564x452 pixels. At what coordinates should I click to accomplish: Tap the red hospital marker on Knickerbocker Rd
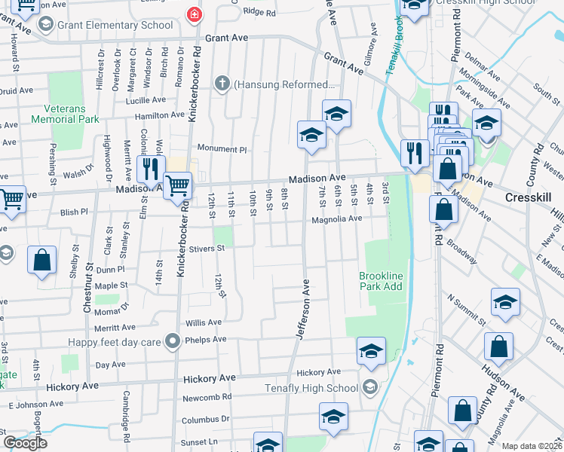pyautogui.click(x=195, y=14)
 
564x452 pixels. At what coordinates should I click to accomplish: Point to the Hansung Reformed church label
pyautogui.click(x=284, y=84)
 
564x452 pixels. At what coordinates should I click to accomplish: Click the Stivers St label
pyautogui.click(x=207, y=248)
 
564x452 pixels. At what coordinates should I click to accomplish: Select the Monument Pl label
pyautogui.click(x=222, y=149)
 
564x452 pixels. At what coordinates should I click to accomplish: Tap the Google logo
pyautogui.click(x=25, y=443)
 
